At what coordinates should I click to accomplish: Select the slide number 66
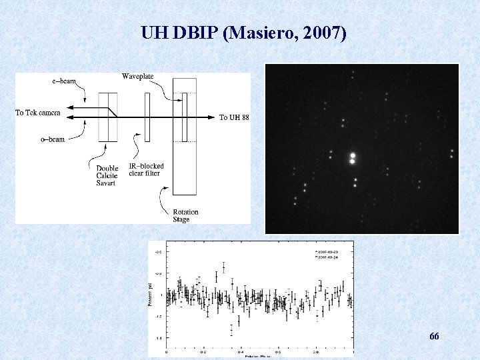pos(434,337)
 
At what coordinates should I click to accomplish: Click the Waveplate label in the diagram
pos(138,76)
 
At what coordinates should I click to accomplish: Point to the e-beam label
pos(64,81)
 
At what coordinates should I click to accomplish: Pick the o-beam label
pos(53,139)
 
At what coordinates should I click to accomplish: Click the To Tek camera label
pos(38,113)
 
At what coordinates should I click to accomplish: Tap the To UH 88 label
pos(235,117)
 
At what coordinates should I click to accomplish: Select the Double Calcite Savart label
pos(107,175)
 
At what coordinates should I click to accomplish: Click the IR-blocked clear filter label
pos(146,169)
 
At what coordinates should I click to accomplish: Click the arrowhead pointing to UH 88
pos(215,117)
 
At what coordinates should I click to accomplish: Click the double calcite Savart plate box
pos(108,117)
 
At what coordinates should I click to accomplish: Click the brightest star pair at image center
pos(352,159)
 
